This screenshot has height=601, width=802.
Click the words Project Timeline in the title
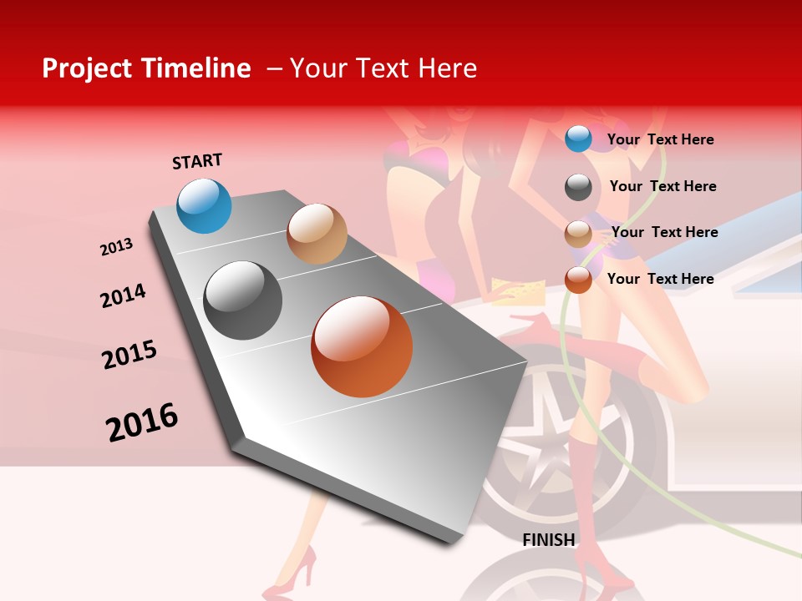point(146,68)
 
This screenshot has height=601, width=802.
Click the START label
point(197,161)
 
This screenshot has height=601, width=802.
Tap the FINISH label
point(549,540)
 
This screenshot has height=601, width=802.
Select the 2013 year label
point(116,247)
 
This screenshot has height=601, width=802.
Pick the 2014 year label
point(123,295)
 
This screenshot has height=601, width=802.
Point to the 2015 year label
point(129,355)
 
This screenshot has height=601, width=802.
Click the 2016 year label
point(142,422)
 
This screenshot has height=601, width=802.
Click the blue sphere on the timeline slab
point(205,206)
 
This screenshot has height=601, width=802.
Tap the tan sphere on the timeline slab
point(317,234)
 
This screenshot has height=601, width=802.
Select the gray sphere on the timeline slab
point(243,300)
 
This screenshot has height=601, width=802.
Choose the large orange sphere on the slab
point(362,346)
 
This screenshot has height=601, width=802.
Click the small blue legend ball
point(578,139)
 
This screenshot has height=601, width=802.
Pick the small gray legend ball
point(578,187)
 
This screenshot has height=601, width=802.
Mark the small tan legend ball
point(578,234)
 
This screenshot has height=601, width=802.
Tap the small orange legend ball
point(578,280)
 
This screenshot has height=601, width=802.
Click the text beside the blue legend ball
point(660,139)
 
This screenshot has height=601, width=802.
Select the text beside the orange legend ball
point(660,279)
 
